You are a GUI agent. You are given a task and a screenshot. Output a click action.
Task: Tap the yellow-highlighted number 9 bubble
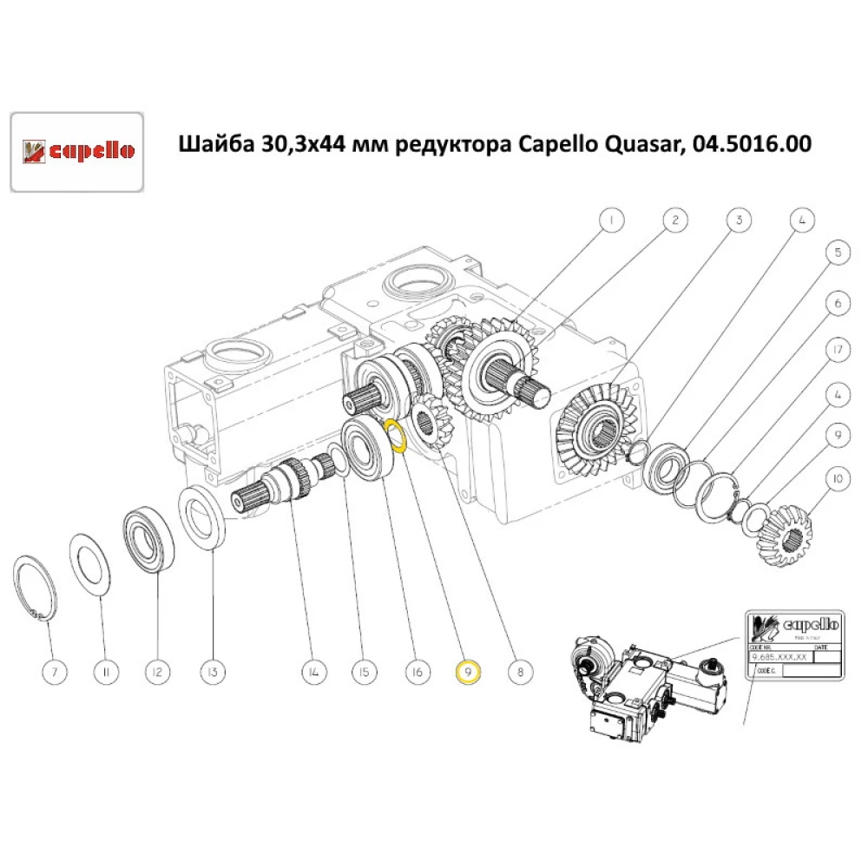[x=468, y=671]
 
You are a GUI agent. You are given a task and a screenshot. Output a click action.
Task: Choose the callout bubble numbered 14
[x=313, y=671]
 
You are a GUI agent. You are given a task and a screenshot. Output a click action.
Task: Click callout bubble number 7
[x=52, y=671]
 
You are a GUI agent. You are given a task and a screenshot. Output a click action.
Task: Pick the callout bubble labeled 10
[x=837, y=477]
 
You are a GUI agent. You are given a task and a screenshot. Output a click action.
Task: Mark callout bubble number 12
[x=158, y=671]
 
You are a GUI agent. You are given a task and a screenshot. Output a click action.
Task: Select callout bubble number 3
[x=739, y=220]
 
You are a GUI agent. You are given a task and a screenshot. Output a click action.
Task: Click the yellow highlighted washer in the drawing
[x=397, y=437]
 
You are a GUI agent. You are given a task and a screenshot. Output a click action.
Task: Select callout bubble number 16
[x=418, y=671]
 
